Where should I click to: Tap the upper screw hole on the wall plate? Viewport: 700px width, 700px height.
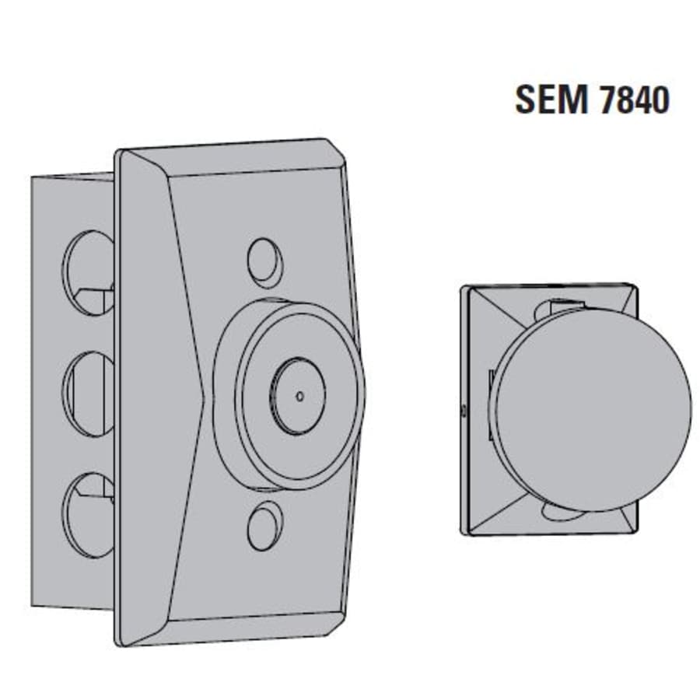(264, 262)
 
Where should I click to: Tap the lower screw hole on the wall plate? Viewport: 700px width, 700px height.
(264, 526)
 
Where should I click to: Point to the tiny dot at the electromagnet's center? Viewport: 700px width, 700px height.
(300, 396)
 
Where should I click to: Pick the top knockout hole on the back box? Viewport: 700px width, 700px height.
(88, 272)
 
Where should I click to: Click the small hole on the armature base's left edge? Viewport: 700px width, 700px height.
(464, 408)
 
